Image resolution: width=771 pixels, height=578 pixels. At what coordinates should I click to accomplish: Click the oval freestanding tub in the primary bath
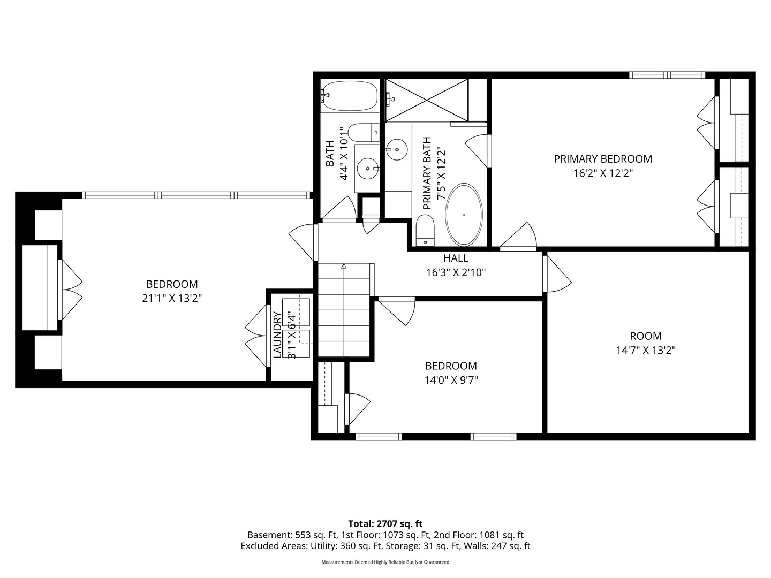(x=464, y=215)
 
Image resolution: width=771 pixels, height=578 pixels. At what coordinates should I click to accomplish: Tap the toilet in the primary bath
(x=425, y=231)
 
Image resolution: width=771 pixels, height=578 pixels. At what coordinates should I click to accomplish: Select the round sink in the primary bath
(x=396, y=149)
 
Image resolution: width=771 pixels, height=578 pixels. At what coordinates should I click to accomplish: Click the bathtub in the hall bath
(x=349, y=96)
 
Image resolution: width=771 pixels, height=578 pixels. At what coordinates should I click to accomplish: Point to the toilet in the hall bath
(x=364, y=132)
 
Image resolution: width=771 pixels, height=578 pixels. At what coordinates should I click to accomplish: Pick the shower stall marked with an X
(x=427, y=101)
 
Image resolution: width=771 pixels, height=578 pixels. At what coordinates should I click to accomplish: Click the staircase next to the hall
(x=344, y=310)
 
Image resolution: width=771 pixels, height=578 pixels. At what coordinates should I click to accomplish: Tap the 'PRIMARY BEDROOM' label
(x=603, y=159)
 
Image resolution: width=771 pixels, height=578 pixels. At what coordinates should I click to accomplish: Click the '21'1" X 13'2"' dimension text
(x=172, y=298)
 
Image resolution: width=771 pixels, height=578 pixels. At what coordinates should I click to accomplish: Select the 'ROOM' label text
(x=646, y=336)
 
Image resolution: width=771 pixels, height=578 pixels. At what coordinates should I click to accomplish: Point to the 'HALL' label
(x=456, y=258)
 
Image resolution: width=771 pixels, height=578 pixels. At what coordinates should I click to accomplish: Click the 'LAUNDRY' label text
(x=277, y=335)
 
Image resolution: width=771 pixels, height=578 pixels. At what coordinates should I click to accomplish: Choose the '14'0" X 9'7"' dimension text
(x=451, y=381)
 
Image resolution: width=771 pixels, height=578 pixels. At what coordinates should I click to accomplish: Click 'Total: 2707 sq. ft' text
(x=385, y=524)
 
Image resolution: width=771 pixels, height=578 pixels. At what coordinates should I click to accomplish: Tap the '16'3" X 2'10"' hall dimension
(x=456, y=273)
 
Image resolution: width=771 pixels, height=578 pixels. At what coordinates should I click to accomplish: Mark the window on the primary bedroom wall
(x=667, y=75)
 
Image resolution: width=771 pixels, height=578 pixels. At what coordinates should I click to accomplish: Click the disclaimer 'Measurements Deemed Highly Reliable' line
(x=385, y=562)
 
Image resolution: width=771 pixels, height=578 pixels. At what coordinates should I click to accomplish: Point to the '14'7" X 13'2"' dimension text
(x=646, y=350)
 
